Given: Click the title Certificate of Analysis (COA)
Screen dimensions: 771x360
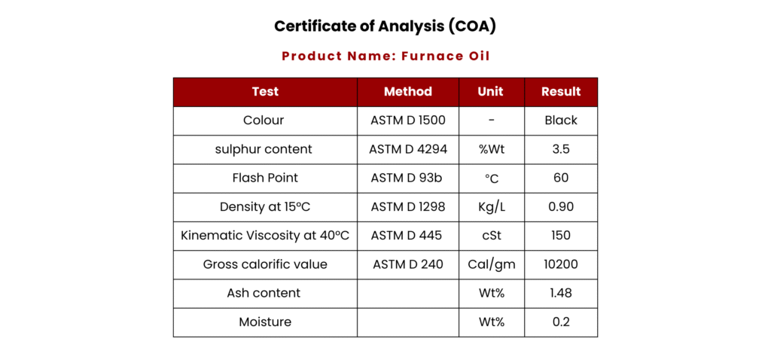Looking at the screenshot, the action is pyautogui.click(x=385, y=26).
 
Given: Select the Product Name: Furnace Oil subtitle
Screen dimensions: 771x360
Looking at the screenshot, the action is pyautogui.click(x=385, y=56).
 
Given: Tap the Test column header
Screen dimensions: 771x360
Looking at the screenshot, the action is pyautogui.click(x=265, y=91).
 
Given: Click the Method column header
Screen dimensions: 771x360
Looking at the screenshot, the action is pyautogui.click(x=408, y=91).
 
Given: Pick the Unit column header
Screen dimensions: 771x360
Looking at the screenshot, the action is pyautogui.click(x=492, y=91).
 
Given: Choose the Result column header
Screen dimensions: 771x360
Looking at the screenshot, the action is pyautogui.click(x=561, y=91).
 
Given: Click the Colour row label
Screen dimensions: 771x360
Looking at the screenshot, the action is pyautogui.click(x=264, y=121).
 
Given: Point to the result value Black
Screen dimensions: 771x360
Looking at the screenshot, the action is pyautogui.click(x=561, y=121).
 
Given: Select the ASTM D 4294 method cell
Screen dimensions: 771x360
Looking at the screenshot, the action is pyautogui.click(x=408, y=150).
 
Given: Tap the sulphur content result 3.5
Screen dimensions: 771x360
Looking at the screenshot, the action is pyautogui.click(x=561, y=150).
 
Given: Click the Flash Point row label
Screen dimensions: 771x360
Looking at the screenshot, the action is pyautogui.click(x=265, y=178).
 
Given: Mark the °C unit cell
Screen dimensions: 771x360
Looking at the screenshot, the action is pyautogui.click(x=492, y=179).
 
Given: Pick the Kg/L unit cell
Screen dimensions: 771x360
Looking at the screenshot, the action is pyautogui.click(x=492, y=208).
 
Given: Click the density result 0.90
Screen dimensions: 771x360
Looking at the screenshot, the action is pyautogui.click(x=561, y=207).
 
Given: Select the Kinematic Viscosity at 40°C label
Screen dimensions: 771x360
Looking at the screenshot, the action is pyautogui.click(x=265, y=236).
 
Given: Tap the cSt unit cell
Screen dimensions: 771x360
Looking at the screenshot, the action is pyautogui.click(x=492, y=236).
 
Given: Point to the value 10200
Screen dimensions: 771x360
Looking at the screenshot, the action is pyautogui.click(x=561, y=264).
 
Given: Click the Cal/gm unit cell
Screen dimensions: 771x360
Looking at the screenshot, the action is pyautogui.click(x=492, y=265).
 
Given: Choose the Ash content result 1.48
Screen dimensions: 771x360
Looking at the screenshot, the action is pyautogui.click(x=561, y=293).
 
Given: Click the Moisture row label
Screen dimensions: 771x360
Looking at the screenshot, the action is pyautogui.click(x=265, y=322).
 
